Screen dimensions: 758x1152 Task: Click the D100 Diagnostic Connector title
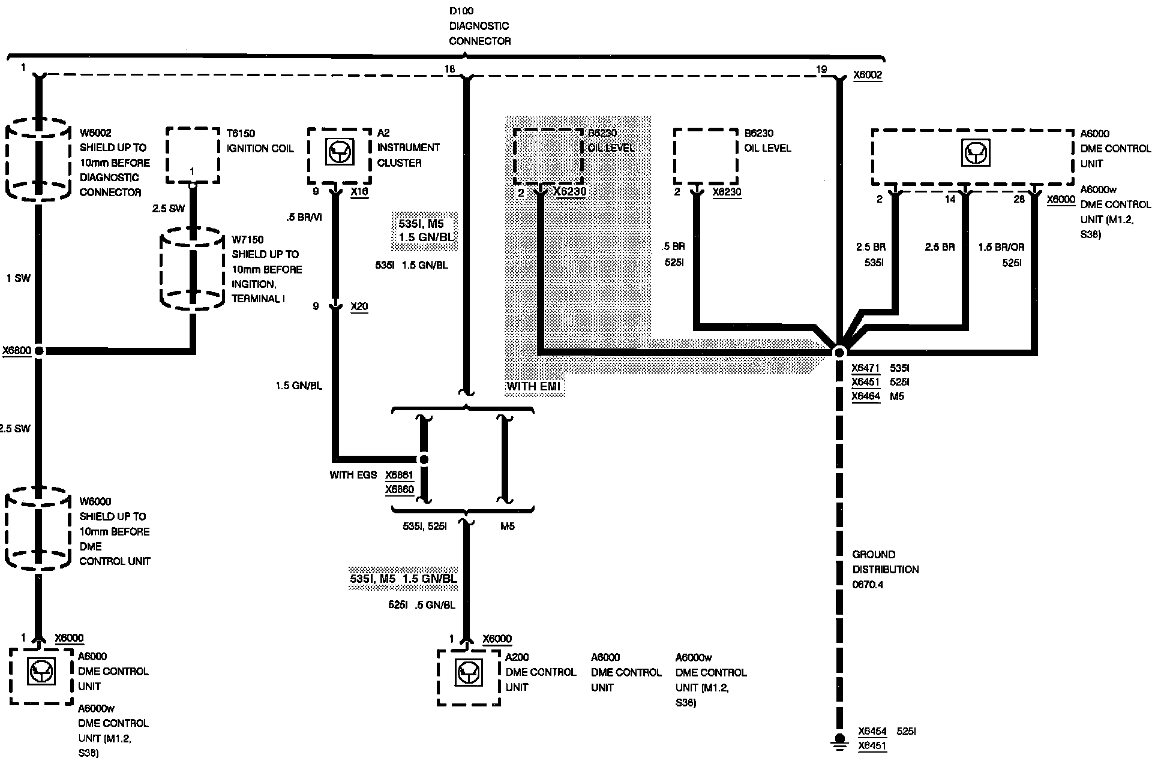479,26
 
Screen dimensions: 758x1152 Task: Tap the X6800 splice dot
38,351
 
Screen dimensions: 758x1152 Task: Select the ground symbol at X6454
840,741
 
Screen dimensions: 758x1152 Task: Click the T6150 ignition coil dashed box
192,155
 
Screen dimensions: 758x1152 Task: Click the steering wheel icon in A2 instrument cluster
340,152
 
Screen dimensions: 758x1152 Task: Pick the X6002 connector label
868,76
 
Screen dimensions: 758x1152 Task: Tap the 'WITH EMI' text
533,386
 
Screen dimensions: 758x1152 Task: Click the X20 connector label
359,306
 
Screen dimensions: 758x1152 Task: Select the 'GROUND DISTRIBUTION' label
885,562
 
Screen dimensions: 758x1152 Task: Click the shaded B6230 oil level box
548,155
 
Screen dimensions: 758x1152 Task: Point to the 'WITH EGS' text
353,475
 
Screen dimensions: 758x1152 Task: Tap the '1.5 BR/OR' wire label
1001,247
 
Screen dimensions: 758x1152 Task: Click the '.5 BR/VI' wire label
304,217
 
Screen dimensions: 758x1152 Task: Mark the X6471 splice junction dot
839,352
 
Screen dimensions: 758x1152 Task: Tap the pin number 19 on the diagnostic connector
821,70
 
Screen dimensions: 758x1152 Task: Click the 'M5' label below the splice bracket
507,527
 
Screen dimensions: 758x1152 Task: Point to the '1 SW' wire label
18,278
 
